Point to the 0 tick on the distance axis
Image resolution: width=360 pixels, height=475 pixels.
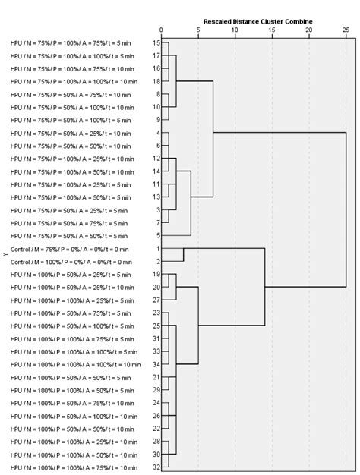[x=162, y=30]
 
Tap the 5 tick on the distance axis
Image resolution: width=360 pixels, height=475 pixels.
[x=198, y=30]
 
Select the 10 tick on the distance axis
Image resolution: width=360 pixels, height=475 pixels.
[x=235, y=30]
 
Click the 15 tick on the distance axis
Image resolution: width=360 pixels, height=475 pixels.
[x=272, y=30]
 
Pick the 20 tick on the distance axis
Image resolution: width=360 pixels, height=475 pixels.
[x=308, y=30]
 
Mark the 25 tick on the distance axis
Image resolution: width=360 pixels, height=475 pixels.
[x=345, y=30]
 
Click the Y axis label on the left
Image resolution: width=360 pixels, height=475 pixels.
[x=5, y=256]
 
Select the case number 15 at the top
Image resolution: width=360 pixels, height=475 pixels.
[x=156, y=43]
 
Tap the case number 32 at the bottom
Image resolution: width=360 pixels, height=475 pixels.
[x=156, y=467]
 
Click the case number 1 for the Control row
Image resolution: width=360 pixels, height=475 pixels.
[x=157, y=249]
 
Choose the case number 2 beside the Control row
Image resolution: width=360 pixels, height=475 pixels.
[x=157, y=262]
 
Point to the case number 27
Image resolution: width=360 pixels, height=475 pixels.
[x=156, y=300]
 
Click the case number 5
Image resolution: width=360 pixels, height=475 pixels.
[x=157, y=236]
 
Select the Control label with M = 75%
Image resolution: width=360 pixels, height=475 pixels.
[x=70, y=249]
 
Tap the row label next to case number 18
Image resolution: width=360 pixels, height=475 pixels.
[x=74, y=81]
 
